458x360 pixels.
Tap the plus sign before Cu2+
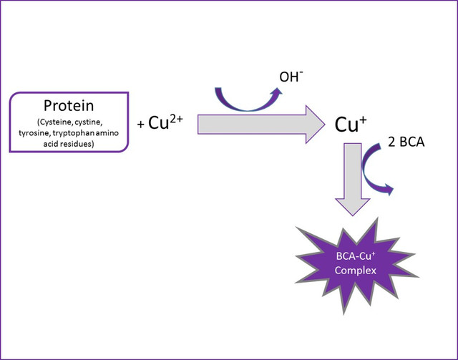coord(141,125)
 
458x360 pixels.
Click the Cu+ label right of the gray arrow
coord(351,123)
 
